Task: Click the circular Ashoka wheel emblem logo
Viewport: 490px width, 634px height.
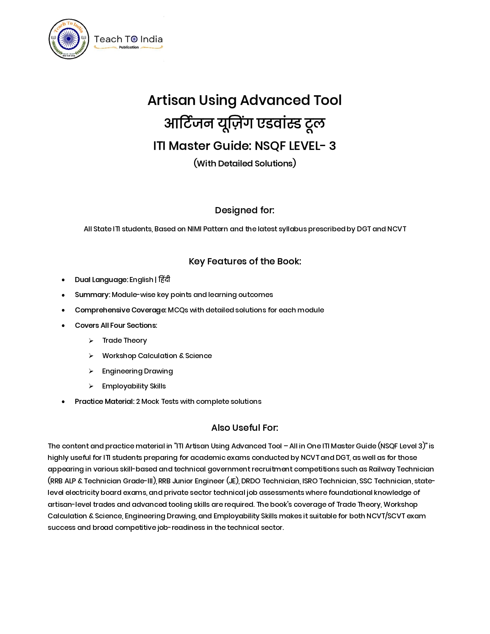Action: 69,39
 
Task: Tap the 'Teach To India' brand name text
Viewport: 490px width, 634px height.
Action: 128,39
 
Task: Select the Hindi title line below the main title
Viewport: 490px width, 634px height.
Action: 244,123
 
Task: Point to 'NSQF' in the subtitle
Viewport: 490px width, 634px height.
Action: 270,146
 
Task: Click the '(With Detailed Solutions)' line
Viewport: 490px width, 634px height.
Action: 244,163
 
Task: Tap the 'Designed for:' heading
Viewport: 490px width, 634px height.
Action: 244,210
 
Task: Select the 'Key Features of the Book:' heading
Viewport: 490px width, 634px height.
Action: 244,261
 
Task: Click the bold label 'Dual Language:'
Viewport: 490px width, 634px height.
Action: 101,280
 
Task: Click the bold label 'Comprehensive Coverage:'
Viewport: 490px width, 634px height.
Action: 121,310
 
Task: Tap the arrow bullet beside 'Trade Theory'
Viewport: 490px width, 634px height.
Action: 91,341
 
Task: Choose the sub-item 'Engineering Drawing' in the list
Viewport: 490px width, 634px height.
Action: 137,371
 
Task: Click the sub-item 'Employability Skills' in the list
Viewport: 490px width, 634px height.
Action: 134,386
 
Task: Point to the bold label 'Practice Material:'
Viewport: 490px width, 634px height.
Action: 105,402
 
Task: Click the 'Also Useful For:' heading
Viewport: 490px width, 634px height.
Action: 244,428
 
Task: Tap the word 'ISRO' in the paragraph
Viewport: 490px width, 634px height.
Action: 310,481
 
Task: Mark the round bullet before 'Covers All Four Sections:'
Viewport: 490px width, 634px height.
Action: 63,325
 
